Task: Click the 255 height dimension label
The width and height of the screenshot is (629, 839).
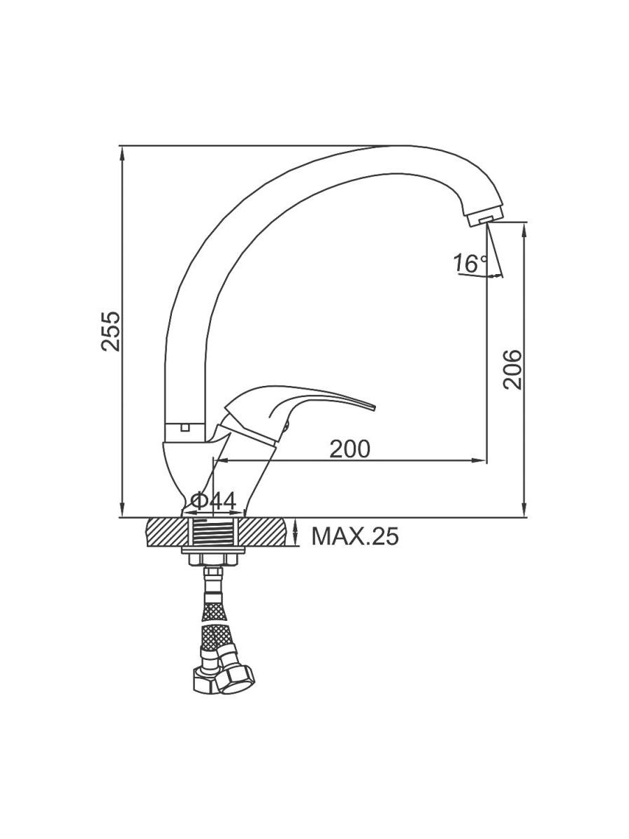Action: tap(110, 331)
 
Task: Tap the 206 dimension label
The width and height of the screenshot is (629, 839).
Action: tap(512, 369)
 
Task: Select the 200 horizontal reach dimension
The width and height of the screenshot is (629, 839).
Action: tap(350, 449)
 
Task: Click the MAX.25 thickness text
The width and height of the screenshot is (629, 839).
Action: tap(355, 536)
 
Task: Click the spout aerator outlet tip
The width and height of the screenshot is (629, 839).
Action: tap(484, 220)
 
